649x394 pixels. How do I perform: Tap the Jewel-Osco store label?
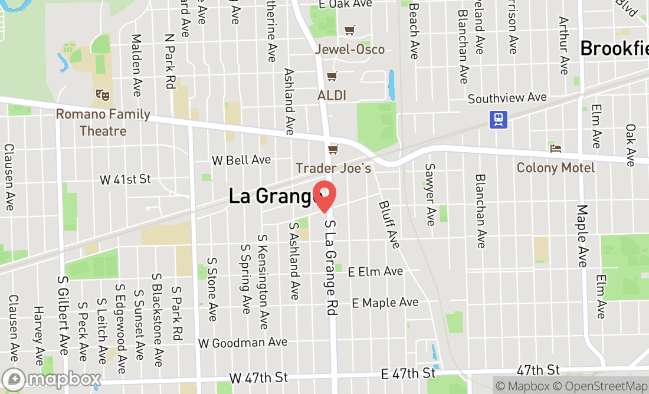pyautogui.click(x=350, y=50)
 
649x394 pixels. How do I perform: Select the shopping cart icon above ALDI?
pyautogui.click(x=332, y=77)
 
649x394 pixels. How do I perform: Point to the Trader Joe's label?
pyautogui.click(x=333, y=168)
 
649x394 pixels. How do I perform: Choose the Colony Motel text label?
pyautogui.click(x=556, y=168)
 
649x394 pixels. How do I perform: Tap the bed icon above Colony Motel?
pyautogui.click(x=556, y=149)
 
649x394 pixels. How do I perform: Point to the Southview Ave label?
pyautogui.click(x=507, y=98)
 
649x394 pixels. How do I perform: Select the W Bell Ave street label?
pyautogui.click(x=241, y=160)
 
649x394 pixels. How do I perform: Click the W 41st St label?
pyautogui.click(x=125, y=179)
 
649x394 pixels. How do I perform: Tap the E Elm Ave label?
pyautogui.click(x=375, y=272)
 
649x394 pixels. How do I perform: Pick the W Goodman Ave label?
pyautogui.click(x=243, y=343)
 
